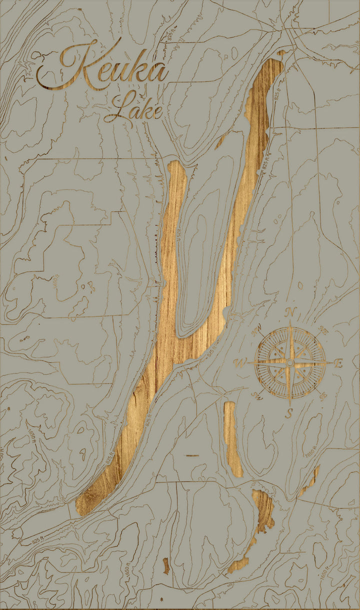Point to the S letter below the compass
pyautogui.click(x=289, y=413)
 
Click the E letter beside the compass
pyautogui.click(x=338, y=363)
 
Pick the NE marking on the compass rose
pyautogui.click(x=323, y=331)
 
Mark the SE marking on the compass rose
pyautogui.click(x=323, y=396)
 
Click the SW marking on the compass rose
pyautogui.click(x=257, y=396)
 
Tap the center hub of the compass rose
pyautogui.click(x=290, y=361)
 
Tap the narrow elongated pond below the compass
pyautogui.click(x=232, y=437)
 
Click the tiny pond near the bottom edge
pyautogui.click(x=165, y=565)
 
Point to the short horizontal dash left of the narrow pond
pyautogui.click(x=192, y=455)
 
